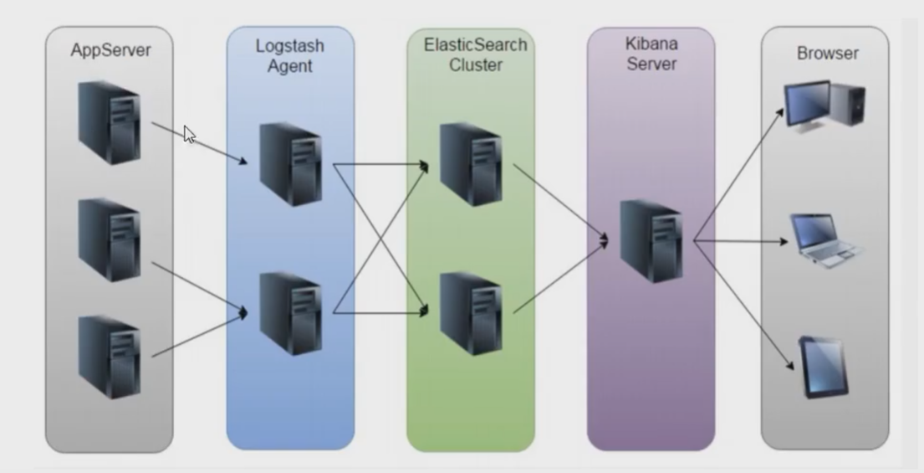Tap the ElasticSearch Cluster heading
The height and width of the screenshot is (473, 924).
pos(474,54)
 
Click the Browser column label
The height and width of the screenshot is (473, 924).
pos(827,54)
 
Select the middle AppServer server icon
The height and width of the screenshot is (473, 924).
pos(109,239)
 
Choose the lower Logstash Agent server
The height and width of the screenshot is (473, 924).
pos(290,313)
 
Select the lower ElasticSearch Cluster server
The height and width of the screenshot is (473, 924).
pos(471,313)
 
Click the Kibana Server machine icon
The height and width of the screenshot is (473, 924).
pos(651,240)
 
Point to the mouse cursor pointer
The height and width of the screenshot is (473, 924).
pos(190,135)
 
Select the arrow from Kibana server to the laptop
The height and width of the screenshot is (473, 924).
pos(740,241)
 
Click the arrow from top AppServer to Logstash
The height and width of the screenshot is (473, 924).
pos(201,143)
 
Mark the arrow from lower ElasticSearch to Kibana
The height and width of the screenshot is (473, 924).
pos(559,277)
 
